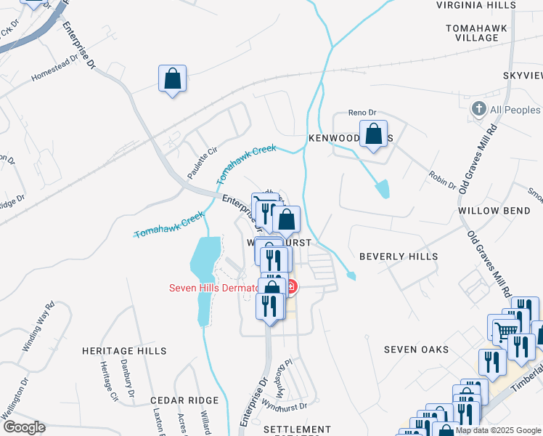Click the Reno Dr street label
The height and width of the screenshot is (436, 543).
(362, 113)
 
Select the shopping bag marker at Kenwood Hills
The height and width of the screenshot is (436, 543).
(373, 135)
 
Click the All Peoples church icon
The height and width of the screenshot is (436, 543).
(478, 110)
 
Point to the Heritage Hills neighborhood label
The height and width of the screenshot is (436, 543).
(124, 351)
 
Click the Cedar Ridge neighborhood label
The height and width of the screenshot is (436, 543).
(184, 400)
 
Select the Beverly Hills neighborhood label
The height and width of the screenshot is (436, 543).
(399, 257)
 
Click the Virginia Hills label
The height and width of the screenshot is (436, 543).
(476, 4)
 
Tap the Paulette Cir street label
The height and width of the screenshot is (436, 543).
(203, 162)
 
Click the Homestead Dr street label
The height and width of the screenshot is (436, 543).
(54, 70)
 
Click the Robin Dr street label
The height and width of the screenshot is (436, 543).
(442, 180)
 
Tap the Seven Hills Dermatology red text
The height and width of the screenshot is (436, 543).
(213, 288)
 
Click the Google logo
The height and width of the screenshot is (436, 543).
(23, 427)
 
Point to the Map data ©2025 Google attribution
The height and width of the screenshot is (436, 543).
(498, 430)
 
